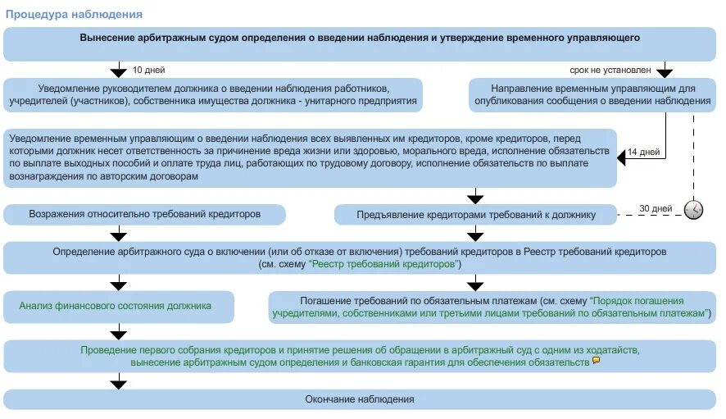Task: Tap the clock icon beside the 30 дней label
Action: coord(693,209)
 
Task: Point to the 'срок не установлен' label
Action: coord(606,69)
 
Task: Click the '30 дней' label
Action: coord(655,208)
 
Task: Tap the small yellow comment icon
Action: coord(596,360)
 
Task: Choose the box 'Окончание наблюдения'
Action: coord(361,399)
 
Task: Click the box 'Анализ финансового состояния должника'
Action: coord(119,306)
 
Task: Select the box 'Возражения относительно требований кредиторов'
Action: coord(144,214)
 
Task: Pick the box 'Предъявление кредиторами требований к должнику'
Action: coord(476,215)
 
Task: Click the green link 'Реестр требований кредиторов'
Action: coord(385,265)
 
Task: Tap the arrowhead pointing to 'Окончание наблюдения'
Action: coord(119,381)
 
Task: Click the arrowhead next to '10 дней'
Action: coord(119,71)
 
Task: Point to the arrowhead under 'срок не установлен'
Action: coord(665,71)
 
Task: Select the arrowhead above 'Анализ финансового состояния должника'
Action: coord(119,284)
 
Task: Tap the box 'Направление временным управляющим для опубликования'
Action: coord(593,94)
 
